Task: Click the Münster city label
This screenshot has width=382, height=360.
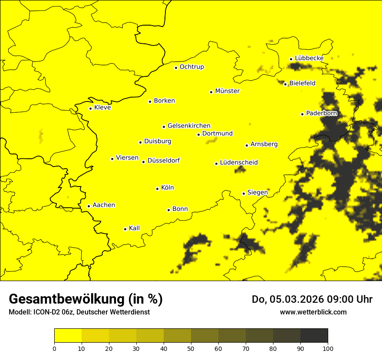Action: [x=227, y=91]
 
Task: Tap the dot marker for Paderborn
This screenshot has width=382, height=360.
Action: [x=302, y=114]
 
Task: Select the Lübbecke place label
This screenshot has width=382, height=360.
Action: [x=309, y=58]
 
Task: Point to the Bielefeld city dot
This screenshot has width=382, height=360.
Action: [x=285, y=84]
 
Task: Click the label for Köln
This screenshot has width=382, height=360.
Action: [x=167, y=188]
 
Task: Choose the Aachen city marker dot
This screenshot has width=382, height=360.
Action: [x=89, y=206]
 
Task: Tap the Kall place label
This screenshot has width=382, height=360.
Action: [x=134, y=228]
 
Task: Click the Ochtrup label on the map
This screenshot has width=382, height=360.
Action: [x=191, y=67]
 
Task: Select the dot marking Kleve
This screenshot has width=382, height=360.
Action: [x=90, y=108]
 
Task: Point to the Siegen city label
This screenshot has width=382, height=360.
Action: [x=257, y=192]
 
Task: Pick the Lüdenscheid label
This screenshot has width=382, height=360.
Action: [x=239, y=163]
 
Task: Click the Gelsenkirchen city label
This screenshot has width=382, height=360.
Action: [x=189, y=126]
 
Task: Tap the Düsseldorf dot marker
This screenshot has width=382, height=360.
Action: [x=143, y=162]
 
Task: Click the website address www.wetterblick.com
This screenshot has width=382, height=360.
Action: [x=313, y=312]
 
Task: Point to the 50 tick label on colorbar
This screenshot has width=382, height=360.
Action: [x=191, y=348]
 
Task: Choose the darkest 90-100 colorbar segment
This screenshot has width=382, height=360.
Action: [x=314, y=335]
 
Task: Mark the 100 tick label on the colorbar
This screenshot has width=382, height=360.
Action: [x=328, y=348]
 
